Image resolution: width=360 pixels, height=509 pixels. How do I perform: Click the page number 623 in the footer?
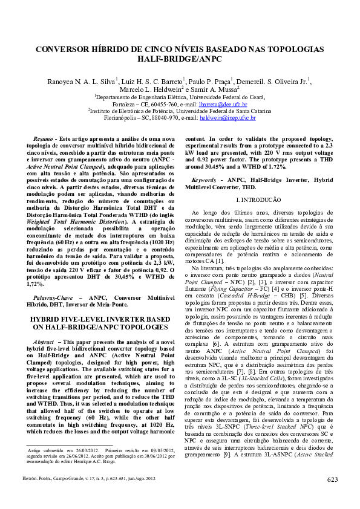pos(332,479)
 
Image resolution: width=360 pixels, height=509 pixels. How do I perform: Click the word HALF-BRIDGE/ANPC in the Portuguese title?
pos(180,60)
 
